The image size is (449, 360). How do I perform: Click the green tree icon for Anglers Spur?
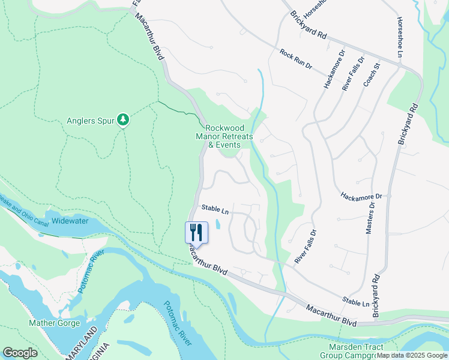point(122,120)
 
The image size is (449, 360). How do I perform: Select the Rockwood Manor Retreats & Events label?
point(229,136)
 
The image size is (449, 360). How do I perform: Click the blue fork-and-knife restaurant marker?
point(196,232)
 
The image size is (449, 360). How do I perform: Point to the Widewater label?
point(70,221)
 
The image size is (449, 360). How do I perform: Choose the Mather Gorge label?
point(53,323)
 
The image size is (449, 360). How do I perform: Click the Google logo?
point(20,353)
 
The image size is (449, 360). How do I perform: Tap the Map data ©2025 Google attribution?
point(412,355)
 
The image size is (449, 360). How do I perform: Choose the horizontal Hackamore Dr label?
point(361,196)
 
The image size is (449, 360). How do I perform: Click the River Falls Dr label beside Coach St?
point(353,73)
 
